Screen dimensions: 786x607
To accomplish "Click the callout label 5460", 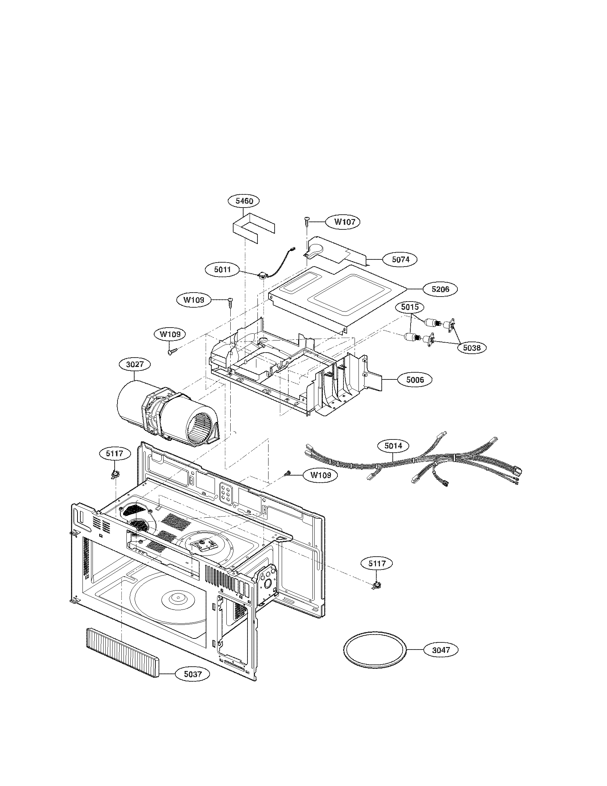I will (244, 201).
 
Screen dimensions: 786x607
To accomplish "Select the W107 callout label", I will (345, 222).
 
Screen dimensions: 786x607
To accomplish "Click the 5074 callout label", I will (401, 259).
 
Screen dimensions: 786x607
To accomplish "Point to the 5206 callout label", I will (441, 289).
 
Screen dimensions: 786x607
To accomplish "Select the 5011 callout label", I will (223, 269).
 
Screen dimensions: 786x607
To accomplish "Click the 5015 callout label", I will (410, 307).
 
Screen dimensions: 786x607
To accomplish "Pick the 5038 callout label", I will (471, 348).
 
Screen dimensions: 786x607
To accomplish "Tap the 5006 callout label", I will (415, 380).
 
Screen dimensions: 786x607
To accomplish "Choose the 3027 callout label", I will (135, 364).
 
